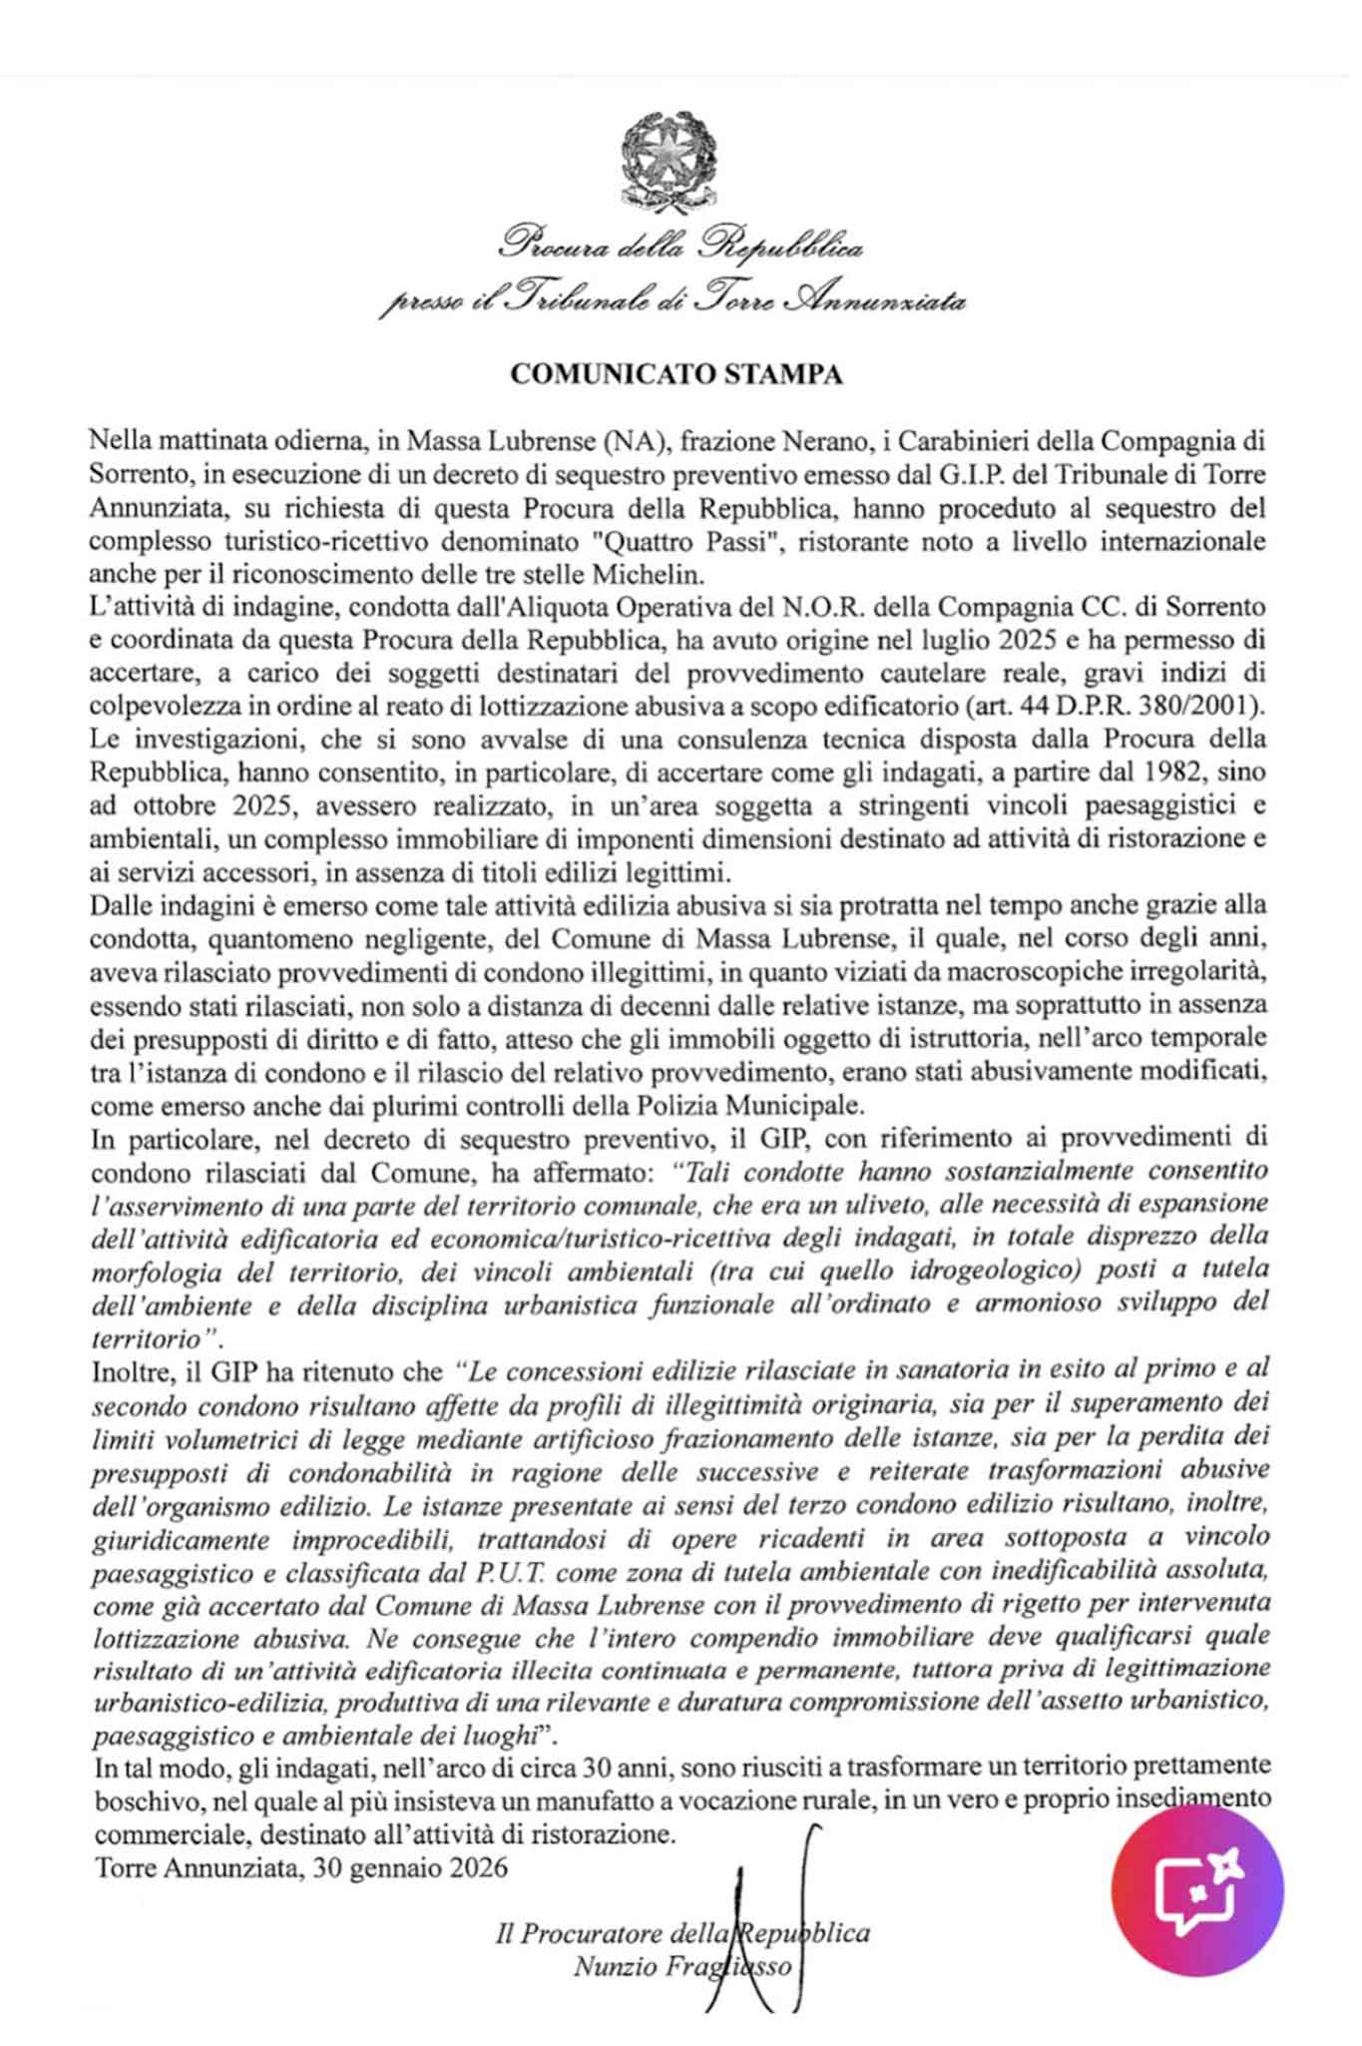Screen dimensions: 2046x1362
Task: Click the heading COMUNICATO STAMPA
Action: [x=677, y=374]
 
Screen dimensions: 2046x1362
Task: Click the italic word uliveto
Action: [x=887, y=1204]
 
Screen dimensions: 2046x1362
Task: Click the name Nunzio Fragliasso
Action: [x=683, y=1966]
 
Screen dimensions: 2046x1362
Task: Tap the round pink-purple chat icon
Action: [x=1197, y=1889]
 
